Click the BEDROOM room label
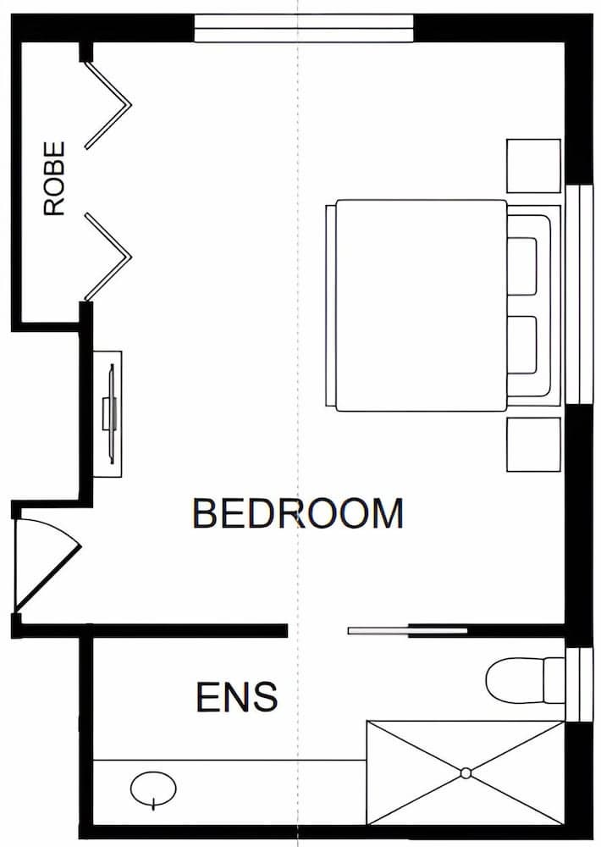pyautogui.click(x=297, y=513)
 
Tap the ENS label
pyautogui.click(x=236, y=697)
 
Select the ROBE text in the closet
pyautogui.click(x=54, y=179)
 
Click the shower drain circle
pyautogui.click(x=466, y=773)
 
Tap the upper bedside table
pyautogui.click(x=533, y=166)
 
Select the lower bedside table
pyautogui.click(x=533, y=444)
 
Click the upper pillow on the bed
pyautogui.click(x=522, y=266)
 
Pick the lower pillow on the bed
pyautogui.click(x=522, y=346)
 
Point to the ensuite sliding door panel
pyautogui.click(x=407, y=630)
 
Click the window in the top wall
pyautogui.click(x=304, y=28)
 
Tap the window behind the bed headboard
pyautogui.click(x=579, y=295)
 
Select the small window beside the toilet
pyautogui.click(x=579, y=684)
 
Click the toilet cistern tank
pyautogui.click(x=554, y=680)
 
